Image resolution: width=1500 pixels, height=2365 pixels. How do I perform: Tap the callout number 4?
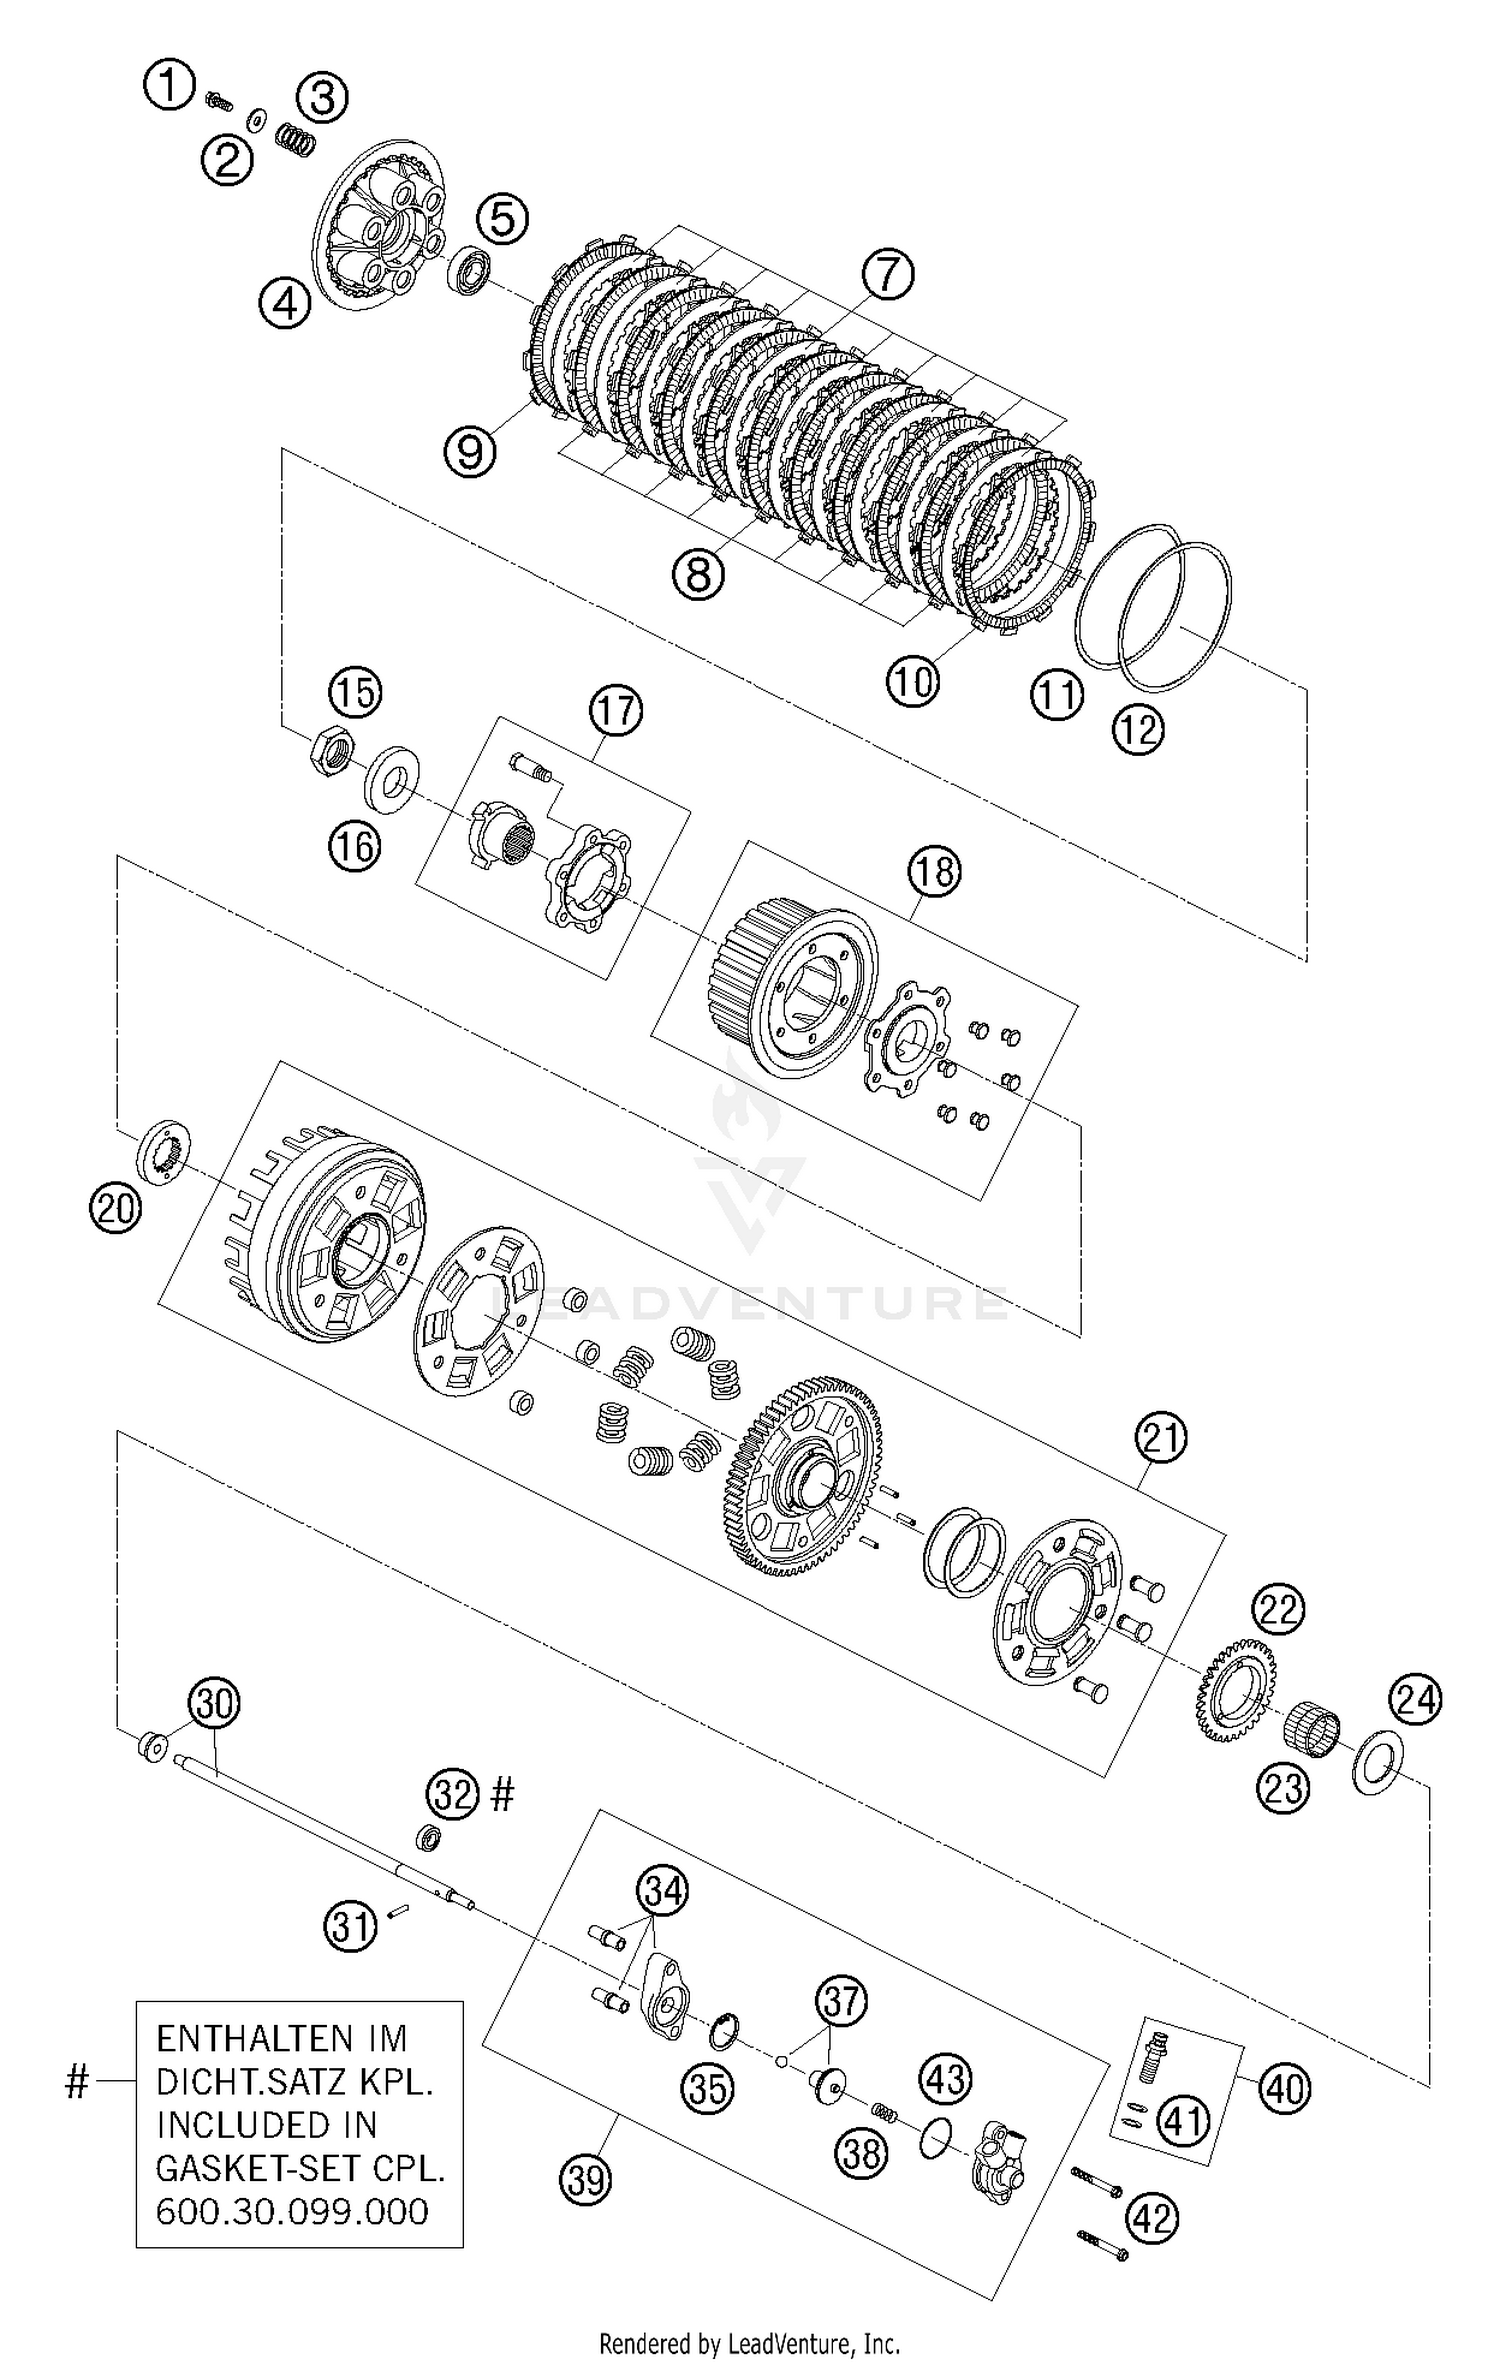[x=286, y=303]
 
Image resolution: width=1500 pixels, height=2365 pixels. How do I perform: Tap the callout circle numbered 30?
[x=215, y=1703]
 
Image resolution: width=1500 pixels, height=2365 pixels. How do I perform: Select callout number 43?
[x=945, y=2078]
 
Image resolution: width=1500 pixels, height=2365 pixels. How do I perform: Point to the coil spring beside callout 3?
[x=296, y=139]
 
